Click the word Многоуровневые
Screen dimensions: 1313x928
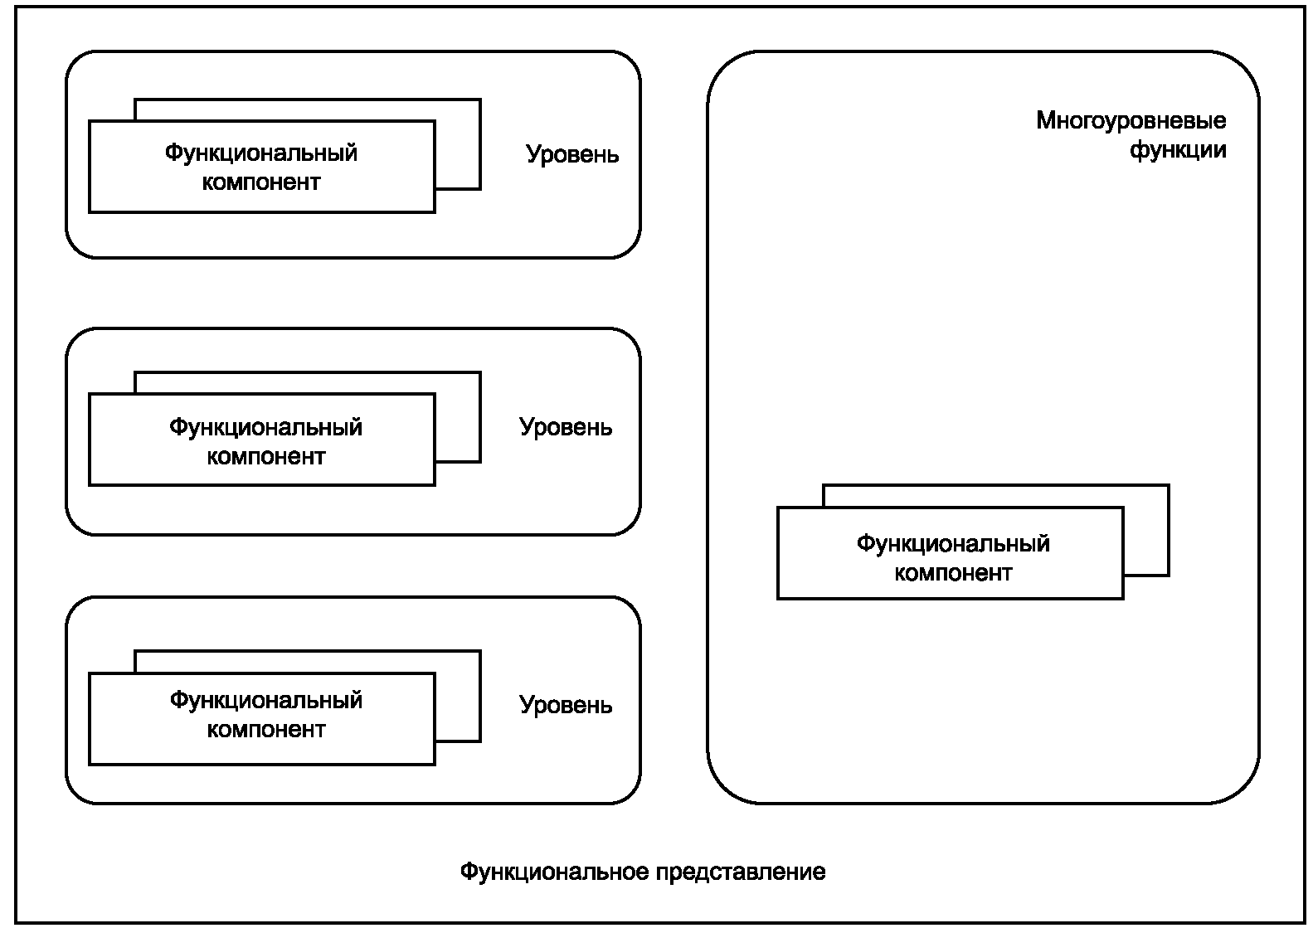click(x=1131, y=121)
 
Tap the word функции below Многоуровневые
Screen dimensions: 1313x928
click(x=1178, y=151)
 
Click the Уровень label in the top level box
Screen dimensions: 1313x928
click(x=572, y=155)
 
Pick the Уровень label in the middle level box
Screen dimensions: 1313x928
click(x=566, y=427)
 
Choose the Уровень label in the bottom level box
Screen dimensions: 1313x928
click(x=566, y=705)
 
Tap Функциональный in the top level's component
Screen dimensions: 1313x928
click(x=260, y=153)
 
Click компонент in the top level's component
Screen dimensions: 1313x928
click(x=260, y=183)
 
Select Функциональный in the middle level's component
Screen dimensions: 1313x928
click(x=265, y=427)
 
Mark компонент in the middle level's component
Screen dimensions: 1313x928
click(x=265, y=457)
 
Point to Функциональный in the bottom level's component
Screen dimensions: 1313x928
click(x=265, y=701)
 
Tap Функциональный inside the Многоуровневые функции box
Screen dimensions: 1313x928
click(x=953, y=543)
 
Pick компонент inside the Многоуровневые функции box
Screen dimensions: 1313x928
click(x=953, y=573)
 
